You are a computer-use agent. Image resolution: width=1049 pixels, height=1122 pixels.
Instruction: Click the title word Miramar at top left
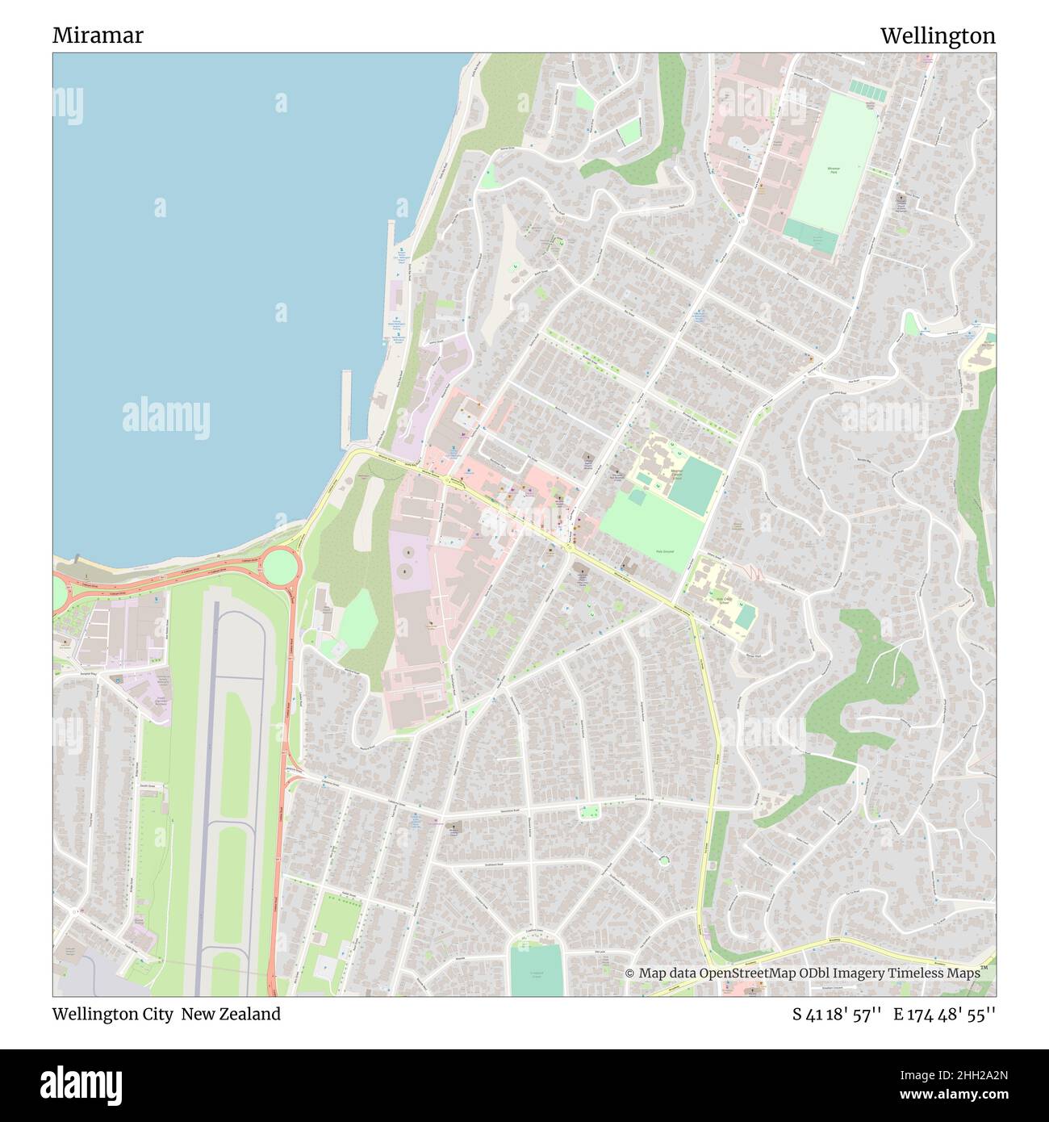tap(98, 36)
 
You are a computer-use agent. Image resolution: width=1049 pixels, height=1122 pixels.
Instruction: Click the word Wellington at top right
tap(937, 36)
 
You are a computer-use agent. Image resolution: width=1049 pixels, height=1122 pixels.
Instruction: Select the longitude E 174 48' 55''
tap(944, 1014)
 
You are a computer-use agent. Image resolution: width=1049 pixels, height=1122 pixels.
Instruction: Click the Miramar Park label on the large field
tap(833, 170)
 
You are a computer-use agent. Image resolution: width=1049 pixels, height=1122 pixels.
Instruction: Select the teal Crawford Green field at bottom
tap(536, 969)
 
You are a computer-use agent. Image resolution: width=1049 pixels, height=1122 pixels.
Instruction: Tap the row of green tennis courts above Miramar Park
tap(867, 90)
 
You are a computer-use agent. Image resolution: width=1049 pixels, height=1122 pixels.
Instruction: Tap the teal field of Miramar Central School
tap(695, 484)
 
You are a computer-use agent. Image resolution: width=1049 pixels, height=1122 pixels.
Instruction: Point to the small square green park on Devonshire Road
tap(589, 812)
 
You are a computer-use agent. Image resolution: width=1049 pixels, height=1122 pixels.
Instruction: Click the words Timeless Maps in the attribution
tap(938, 973)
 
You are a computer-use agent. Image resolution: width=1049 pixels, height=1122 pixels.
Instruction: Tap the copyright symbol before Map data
tap(630, 973)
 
